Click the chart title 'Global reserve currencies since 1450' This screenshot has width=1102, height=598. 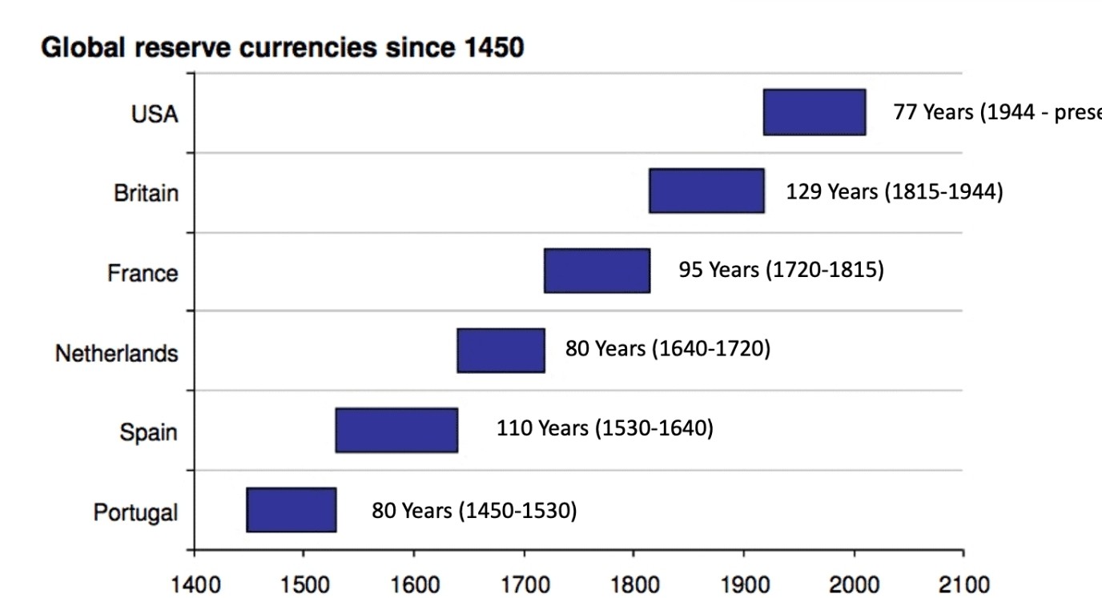coord(282,48)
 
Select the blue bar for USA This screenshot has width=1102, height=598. coord(814,112)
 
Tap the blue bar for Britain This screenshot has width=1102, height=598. coord(706,191)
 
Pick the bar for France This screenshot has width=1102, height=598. coord(597,271)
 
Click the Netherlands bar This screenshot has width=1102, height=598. coord(501,351)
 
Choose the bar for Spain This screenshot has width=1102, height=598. coord(396,430)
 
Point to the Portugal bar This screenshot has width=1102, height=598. coord(292,509)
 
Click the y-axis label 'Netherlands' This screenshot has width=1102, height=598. coord(116,353)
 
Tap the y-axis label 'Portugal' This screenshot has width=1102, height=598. coord(135,512)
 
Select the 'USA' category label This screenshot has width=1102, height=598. coord(155,114)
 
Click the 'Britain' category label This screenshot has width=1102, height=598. coord(146,194)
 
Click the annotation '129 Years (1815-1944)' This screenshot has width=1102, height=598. coord(894,192)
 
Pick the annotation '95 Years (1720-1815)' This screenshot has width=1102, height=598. coord(781,270)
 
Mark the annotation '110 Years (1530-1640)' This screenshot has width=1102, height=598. coord(605,428)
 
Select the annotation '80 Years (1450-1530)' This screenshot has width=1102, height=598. coord(474,510)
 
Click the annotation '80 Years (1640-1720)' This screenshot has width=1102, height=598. coord(668,349)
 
